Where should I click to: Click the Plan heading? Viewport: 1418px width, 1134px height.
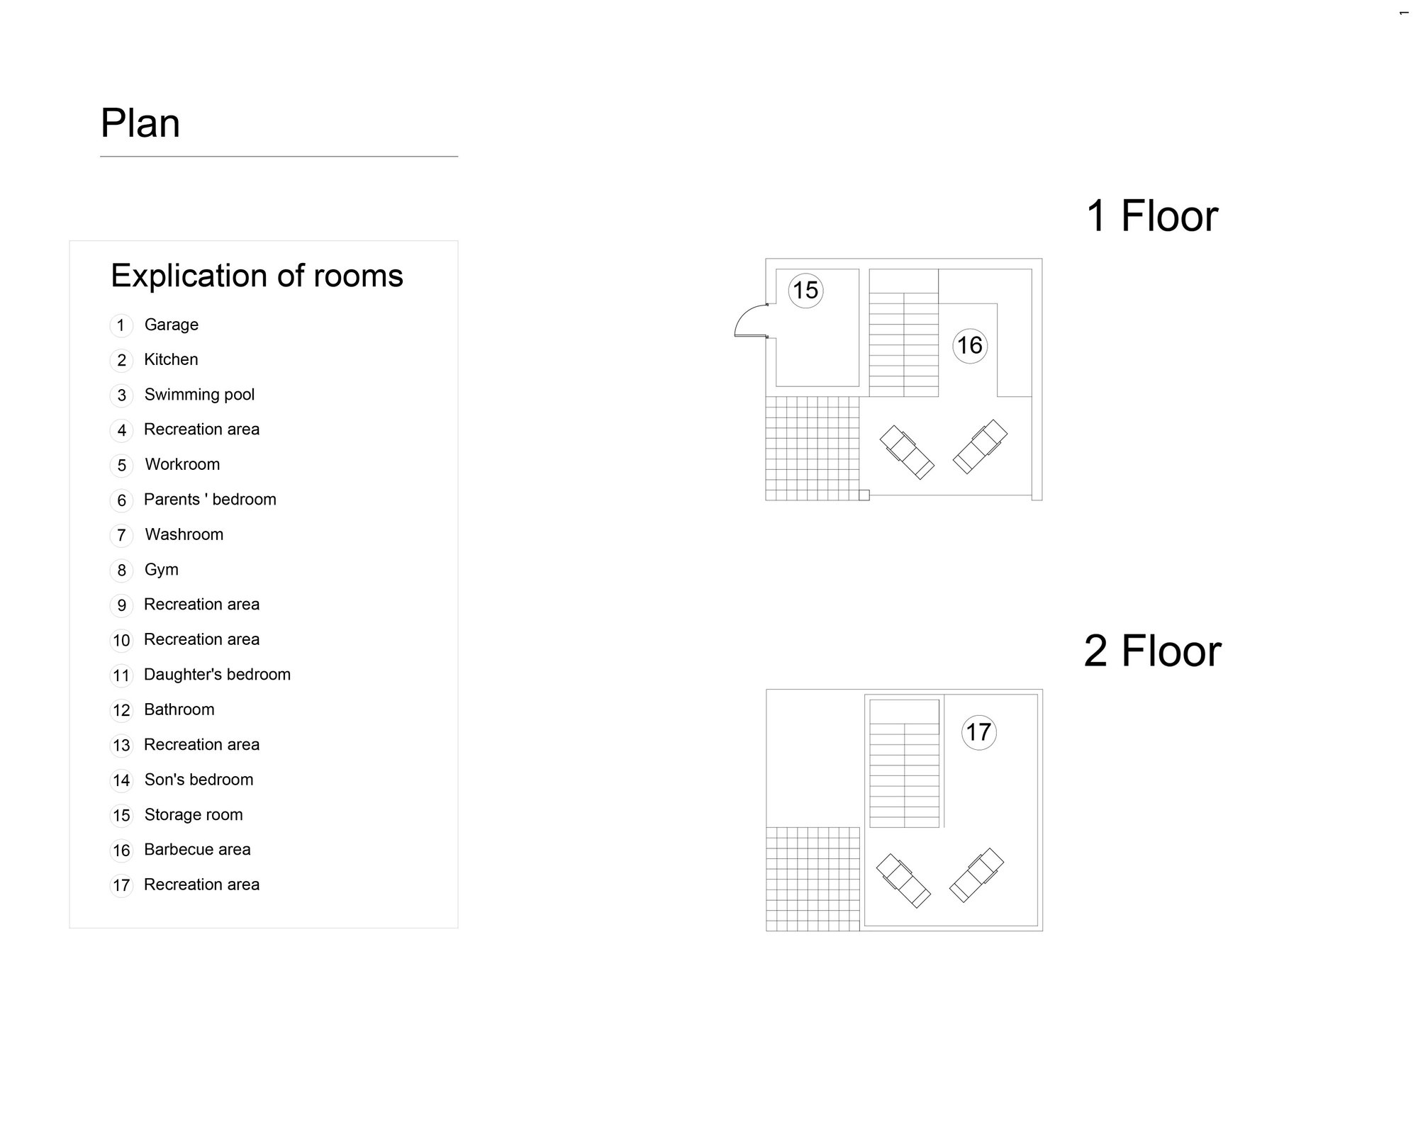pos(140,123)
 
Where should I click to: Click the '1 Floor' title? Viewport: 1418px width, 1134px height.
pos(1152,215)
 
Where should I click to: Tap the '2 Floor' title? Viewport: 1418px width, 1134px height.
pos(1153,651)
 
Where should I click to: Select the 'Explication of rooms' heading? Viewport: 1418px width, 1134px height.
pos(257,276)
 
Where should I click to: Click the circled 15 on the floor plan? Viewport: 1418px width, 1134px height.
pos(805,291)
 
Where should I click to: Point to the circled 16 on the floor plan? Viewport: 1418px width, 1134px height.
pos(970,346)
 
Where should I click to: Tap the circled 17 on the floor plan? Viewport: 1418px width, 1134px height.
pos(979,732)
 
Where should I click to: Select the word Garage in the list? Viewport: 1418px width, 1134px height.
pos(172,325)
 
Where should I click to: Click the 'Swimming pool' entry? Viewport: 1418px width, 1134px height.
pos(199,395)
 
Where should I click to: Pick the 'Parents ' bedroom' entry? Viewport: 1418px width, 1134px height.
pos(210,500)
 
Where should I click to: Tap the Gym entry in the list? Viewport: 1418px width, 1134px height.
pos(162,570)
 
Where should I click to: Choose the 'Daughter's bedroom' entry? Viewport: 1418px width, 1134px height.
pos(217,675)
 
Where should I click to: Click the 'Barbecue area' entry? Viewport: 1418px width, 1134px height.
pos(197,850)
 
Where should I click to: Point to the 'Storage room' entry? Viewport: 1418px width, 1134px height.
pos(194,815)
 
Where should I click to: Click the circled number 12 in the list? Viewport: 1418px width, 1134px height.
pos(121,710)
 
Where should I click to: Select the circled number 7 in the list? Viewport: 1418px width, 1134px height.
pos(121,535)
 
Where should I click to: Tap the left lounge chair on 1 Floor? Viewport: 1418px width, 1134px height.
pos(907,452)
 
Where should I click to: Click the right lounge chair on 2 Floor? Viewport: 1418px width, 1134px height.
pos(976,875)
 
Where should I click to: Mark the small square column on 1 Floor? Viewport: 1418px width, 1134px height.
pos(864,495)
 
